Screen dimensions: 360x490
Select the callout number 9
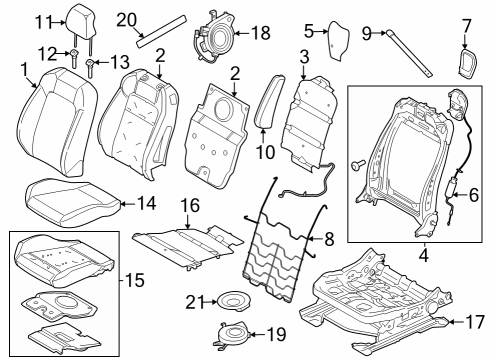tap(367, 33)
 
